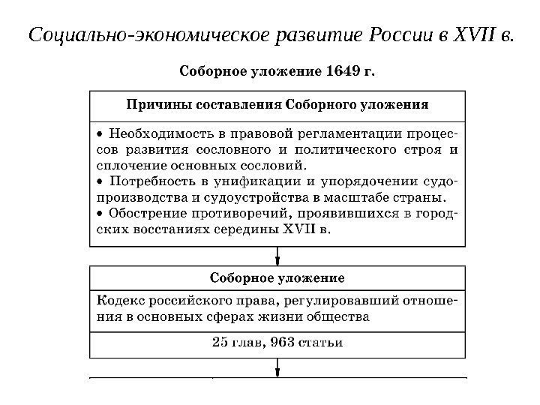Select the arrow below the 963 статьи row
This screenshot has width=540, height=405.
(x=278, y=368)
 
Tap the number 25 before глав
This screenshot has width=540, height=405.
(x=220, y=344)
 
